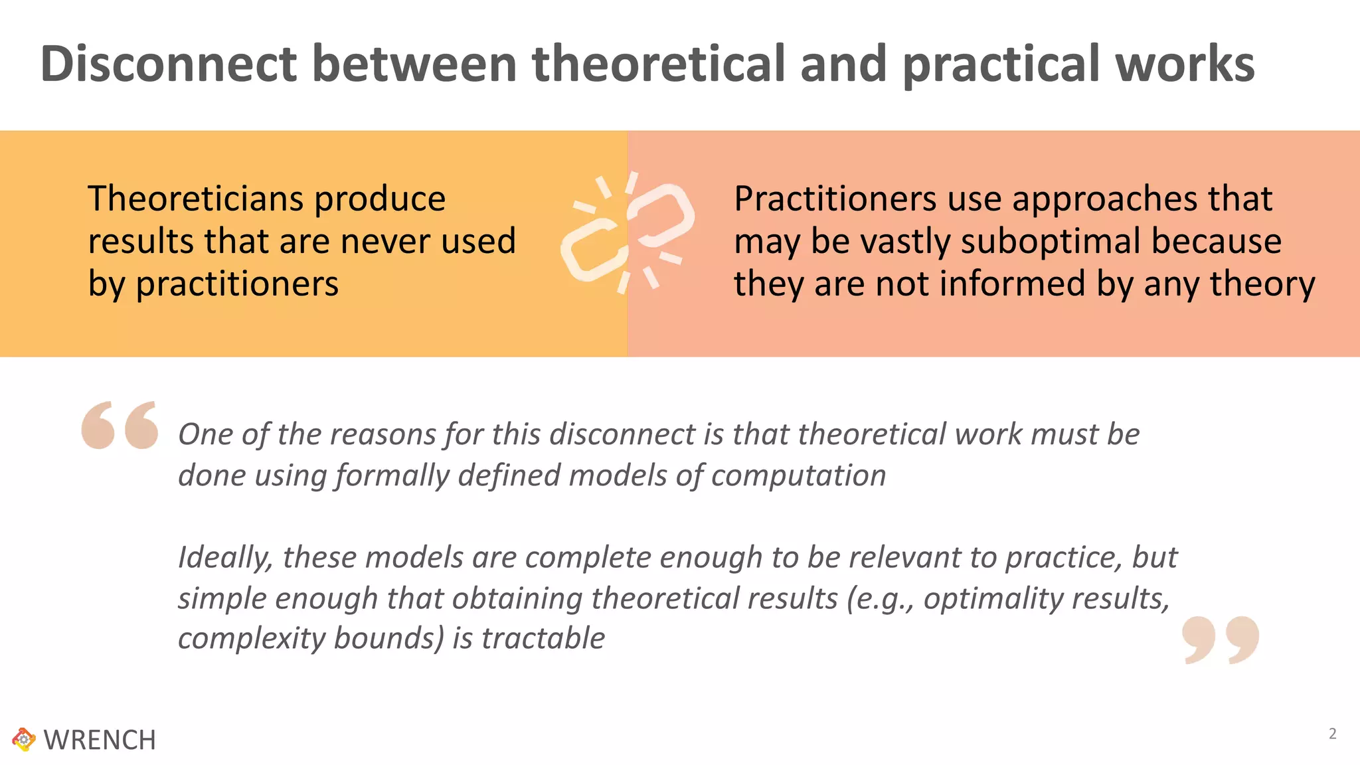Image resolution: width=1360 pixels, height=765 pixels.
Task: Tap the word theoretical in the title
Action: [x=659, y=64]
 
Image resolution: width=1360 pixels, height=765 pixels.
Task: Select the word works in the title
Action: [x=1185, y=64]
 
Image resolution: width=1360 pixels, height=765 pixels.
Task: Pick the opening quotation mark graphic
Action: [x=120, y=425]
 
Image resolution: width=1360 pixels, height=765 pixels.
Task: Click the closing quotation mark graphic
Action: [x=1221, y=639]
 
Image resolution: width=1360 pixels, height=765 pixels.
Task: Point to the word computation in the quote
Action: [x=798, y=475]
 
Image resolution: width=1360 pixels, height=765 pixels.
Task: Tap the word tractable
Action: [x=543, y=638]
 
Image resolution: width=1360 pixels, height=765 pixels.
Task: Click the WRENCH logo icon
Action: [x=24, y=739]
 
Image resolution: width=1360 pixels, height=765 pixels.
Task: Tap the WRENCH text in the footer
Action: [x=100, y=740]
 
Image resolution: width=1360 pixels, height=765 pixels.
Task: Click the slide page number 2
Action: [x=1332, y=734]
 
